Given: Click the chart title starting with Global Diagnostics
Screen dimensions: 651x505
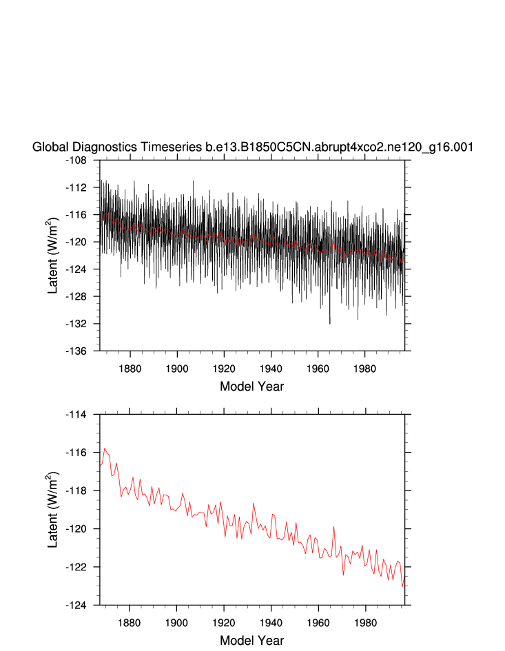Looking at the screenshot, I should coord(252,147).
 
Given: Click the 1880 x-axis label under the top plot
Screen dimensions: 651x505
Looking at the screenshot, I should coord(130,369).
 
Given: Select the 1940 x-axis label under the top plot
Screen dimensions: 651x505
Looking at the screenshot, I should coord(271,369).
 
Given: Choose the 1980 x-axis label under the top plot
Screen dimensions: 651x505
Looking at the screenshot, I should coord(365,369).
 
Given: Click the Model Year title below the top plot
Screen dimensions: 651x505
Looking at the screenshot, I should coord(251,386).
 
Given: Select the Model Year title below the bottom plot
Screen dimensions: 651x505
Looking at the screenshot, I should coord(251,641).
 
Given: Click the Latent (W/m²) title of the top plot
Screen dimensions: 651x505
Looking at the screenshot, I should coord(54,255).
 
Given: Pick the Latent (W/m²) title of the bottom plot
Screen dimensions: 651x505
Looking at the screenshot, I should coord(54,510).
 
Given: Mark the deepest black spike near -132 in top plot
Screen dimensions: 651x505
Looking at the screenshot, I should coord(330,322).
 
